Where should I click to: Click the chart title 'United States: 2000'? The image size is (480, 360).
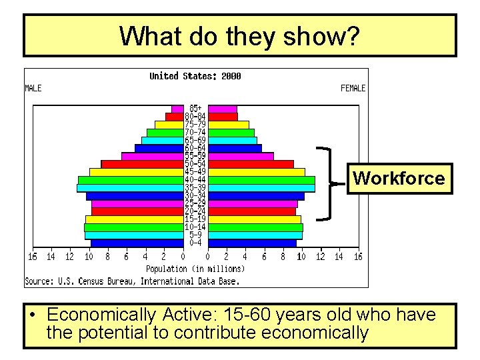195,76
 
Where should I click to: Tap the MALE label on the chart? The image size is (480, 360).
33,88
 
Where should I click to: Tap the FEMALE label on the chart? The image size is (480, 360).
353,88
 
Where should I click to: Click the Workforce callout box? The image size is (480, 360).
399,178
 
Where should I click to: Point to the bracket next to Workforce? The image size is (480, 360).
327,182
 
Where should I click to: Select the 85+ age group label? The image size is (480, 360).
195,108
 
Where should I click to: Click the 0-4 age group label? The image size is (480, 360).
195,243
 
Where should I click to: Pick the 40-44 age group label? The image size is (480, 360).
195,180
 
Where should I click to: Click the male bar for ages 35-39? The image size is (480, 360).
130,188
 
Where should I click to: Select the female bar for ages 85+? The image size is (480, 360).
222,109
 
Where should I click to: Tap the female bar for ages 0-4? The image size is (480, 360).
251,243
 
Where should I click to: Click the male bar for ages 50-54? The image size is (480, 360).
142,164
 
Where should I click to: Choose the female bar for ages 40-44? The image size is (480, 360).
261,180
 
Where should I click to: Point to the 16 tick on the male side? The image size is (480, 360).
32,257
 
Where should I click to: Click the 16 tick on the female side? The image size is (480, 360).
358,257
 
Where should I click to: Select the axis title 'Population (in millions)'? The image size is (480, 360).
195,269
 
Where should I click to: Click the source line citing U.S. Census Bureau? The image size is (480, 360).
131,281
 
